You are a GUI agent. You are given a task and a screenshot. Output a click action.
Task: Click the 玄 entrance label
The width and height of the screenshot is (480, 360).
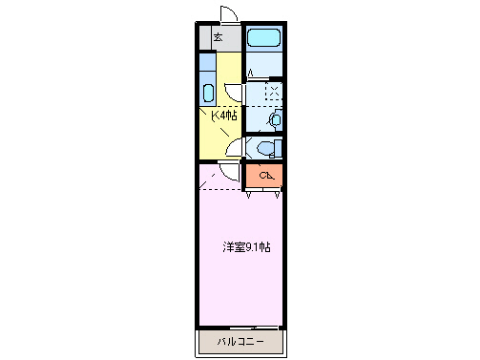click(x=217, y=38)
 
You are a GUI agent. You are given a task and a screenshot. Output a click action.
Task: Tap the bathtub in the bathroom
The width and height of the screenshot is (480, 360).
click(x=263, y=39)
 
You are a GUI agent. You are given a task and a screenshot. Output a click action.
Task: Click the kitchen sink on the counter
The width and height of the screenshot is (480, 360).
click(x=208, y=94)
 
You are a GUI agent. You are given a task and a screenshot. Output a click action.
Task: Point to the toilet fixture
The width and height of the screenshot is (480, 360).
click(x=266, y=148)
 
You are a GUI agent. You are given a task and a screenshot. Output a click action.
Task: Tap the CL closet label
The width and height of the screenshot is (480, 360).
click(x=265, y=175)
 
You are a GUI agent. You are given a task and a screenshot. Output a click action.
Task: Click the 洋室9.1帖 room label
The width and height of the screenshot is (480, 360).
click(x=246, y=247)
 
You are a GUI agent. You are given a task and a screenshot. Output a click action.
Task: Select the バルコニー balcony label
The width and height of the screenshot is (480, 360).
click(x=240, y=341)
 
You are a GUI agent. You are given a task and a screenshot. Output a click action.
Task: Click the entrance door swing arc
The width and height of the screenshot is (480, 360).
click(x=230, y=14)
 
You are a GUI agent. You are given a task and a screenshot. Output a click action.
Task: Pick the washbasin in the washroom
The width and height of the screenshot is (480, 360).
click(x=275, y=118)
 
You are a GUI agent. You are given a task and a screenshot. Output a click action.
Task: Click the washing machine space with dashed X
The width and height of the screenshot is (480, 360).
click(x=274, y=93)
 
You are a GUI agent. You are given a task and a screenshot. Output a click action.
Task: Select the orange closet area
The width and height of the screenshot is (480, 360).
click(x=264, y=176)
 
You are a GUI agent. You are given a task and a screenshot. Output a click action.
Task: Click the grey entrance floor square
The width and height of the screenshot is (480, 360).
click(x=219, y=38)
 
